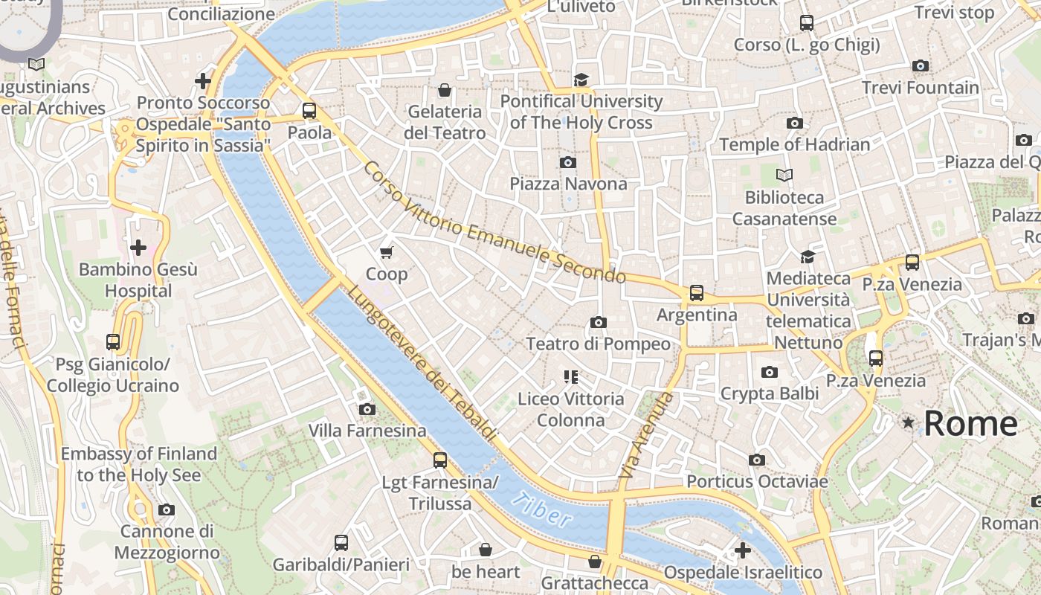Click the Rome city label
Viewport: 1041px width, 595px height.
click(970, 423)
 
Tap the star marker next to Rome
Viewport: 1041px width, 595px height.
click(908, 422)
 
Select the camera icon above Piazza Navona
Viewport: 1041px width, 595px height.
click(568, 162)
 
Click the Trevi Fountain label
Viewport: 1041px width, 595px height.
click(921, 88)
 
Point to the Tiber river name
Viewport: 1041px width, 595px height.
click(542, 510)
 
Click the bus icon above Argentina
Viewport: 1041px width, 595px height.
click(696, 293)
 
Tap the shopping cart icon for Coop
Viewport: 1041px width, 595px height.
click(387, 253)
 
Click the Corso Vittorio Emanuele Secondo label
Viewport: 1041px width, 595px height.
click(494, 223)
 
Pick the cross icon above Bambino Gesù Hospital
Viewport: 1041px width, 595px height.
click(138, 248)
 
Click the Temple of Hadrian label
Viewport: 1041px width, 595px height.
click(794, 144)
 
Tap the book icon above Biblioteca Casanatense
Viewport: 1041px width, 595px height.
click(784, 176)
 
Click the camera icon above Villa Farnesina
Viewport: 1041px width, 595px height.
click(367, 409)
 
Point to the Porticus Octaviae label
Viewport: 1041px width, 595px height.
click(757, 481)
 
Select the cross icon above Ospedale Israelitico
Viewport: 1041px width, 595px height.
click(742, 550)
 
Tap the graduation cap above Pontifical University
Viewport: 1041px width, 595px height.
click(581, 80)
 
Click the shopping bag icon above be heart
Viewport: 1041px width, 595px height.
click(486, 550)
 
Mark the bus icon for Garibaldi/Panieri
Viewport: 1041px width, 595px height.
click(341, 543)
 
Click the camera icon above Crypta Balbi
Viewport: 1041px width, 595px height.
click(770, 372)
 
